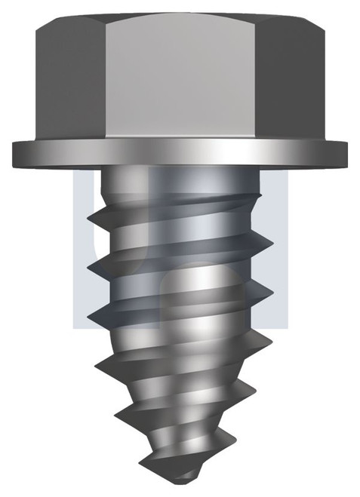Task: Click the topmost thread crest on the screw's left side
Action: [x=89, y=217]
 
